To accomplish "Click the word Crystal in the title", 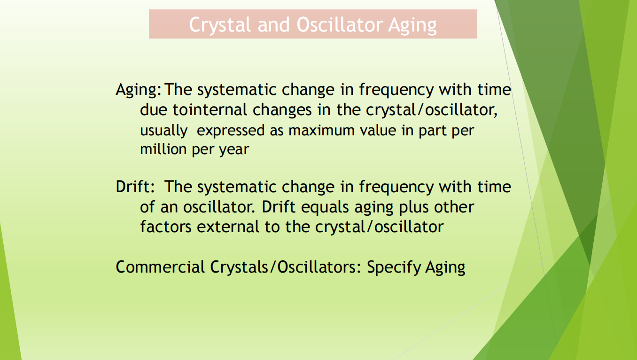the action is (x=220, y=25).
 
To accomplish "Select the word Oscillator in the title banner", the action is (x=339, y=24).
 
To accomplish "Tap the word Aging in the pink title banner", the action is (x=412, y=25).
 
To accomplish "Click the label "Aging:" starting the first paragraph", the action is (x=139, y=90).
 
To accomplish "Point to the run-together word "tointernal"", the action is (x=210, y=110).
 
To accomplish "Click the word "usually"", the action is (x=164, y=131).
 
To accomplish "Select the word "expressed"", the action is (x=231, y=131).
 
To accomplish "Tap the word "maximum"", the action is (x=321, y=131).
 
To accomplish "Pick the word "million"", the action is (x=163, y=149).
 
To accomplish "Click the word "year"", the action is (x=234, y=150).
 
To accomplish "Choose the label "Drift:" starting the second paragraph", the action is (x=135, y=187).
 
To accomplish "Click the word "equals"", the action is (x=325, y=207).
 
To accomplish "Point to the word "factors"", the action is (x=166, y=227).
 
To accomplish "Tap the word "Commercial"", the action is (x=160, y=267).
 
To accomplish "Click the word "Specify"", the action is (x=394, y=268).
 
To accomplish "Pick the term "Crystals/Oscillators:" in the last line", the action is (x=286, y=267).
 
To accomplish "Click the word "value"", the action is (x=378, y=131).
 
